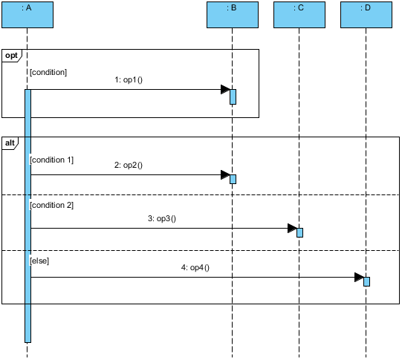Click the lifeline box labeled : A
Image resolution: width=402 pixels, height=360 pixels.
point(27,15)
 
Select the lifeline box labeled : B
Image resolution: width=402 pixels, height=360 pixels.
point(233,15)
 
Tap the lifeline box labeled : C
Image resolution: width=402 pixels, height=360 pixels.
point(299,15)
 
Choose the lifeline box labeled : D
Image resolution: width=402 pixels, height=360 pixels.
point(366,15)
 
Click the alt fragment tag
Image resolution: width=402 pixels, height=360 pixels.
point(10,143)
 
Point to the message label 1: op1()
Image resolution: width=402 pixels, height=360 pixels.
point(128,79)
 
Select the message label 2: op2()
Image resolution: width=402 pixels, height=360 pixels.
point(128,166)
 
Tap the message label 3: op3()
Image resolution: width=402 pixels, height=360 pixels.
point(161,218)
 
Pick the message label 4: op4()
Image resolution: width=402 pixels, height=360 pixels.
point(195,267)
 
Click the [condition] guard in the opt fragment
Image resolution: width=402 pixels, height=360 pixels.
point(48,72)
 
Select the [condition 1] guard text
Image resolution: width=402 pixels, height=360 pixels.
point(51,160)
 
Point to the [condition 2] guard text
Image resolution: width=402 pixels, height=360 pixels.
point(51,205)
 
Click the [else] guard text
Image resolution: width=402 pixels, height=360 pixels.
point(39,261)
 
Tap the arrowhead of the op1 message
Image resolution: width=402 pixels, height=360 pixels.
point(225,90)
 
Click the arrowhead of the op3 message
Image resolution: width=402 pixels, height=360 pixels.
point(292,228)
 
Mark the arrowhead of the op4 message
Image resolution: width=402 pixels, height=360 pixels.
point(359,278)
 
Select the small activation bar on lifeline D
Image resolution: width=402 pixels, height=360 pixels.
point(366,281)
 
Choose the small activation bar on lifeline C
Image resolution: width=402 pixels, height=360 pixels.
point(299,232)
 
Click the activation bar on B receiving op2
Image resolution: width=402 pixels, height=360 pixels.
point(233,179)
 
